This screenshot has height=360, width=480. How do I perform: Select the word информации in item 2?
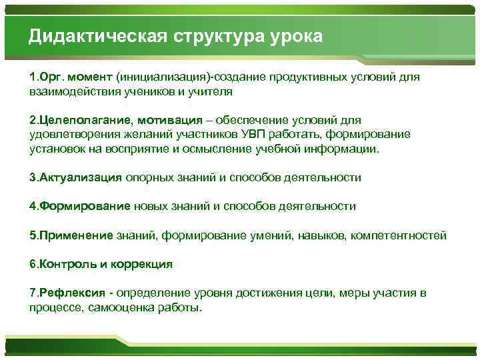point(344,149)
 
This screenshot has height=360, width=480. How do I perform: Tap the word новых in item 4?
point(152,207)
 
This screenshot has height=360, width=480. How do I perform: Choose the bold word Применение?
point(78,235)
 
